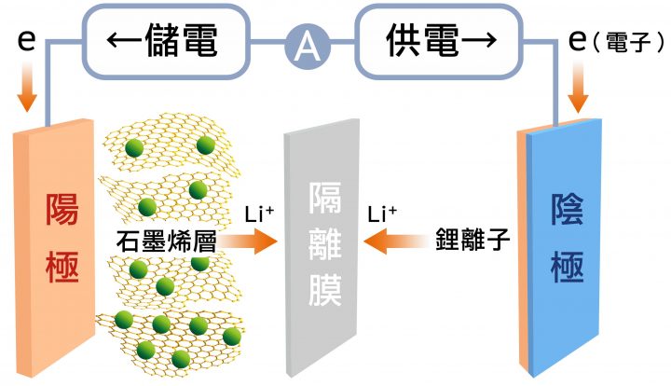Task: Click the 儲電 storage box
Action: tap(167, 42)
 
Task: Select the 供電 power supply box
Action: tap(439, 42)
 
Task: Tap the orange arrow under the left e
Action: tap(27, 87)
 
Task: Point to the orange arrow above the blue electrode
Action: tap(578, 88)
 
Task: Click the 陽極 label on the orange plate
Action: tap(62, 238)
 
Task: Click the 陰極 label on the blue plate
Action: tap(567, 238)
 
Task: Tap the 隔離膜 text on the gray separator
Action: tap(325, 244)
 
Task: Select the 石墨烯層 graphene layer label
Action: tap(166, 241)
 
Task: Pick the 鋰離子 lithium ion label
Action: tap(472, 240)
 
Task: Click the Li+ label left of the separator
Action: tap(259, 214)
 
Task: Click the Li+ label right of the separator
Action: tap(382, 214)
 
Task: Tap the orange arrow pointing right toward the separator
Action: tap(247, 241)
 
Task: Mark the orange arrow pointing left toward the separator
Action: tap(395, 241)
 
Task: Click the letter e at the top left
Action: tap(26, 40)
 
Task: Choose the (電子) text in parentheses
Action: tap(629, 42)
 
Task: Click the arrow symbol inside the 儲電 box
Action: tap(124, 40)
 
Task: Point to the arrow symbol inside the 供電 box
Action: tap(479, 40)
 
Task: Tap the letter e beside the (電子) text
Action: tap(577, 40)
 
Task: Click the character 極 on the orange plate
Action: tap(62, 267)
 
